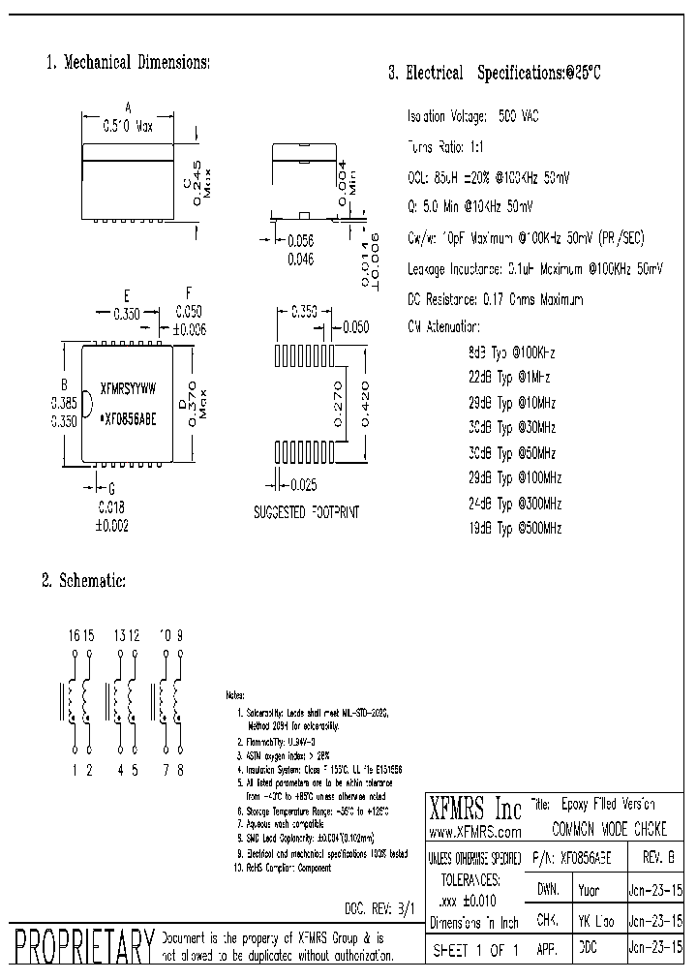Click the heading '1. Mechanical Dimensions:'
(x=128, y=62)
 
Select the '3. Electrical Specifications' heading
(x=495, y=73)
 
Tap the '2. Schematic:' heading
(x=83, y=580)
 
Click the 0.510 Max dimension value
(x=129, y=125)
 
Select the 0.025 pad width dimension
(x=303, y=483)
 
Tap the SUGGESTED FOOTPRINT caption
(x=306, y=511)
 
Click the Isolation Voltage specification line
(x=473, y=116)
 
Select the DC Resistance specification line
(x=496, y=299)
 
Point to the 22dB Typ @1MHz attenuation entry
(x=509, y=377)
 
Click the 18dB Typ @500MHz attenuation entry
(x=514, y=528)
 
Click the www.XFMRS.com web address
(x=474, y=832)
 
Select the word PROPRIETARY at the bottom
(x=79, y=946)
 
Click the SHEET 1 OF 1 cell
(x=474, y=951)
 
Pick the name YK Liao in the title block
(x=594, y=920)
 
